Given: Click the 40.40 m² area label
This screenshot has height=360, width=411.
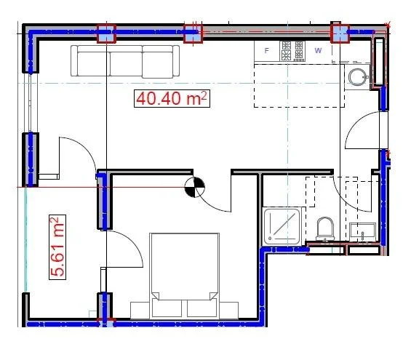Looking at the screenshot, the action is [x=172, y=98].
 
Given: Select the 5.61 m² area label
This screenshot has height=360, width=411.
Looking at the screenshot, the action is [x=57, y=247].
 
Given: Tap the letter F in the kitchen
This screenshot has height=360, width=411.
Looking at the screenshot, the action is [x=266, y=51].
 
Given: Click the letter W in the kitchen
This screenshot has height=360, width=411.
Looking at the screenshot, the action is [x=318, y=51].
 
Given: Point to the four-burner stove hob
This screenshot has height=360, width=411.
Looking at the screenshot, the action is [x=292, y=51].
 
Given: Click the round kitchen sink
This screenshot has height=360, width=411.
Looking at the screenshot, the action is [x=357, y=77].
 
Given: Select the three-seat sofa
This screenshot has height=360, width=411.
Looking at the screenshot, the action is [x=125, y=62].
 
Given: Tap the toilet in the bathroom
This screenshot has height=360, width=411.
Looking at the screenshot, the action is [x=325, y=228].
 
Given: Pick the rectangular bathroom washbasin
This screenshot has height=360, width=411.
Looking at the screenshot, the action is [x=363, y=232].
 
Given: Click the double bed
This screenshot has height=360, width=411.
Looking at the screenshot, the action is [x=185, y=275].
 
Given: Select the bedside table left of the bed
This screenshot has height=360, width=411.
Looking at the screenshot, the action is [x=140, y=311].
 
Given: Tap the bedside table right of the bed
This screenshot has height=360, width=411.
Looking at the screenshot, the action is [x=229, y=311].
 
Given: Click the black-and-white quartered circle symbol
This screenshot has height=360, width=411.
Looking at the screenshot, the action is [x=194, y=187].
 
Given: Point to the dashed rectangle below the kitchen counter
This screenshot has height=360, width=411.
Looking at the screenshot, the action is [x=299, y=85].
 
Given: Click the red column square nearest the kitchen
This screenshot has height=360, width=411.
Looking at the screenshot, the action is [x=340, y=33].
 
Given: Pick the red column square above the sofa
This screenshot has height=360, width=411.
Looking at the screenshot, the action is [x=106, y=33].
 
